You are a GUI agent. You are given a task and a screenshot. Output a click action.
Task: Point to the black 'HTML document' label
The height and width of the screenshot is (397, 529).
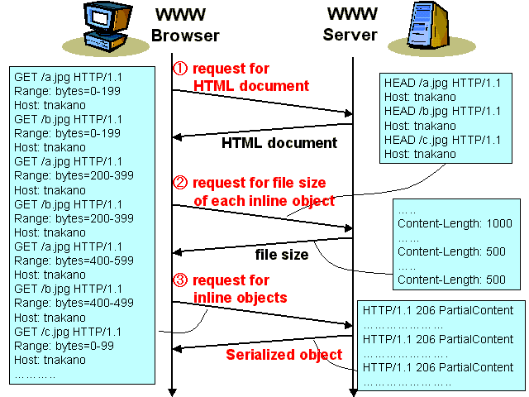pyautogui.click(x=279, y=143)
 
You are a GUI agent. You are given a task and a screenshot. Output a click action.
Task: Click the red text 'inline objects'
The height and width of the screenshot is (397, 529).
pyautogui.click(x=240, y=297)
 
